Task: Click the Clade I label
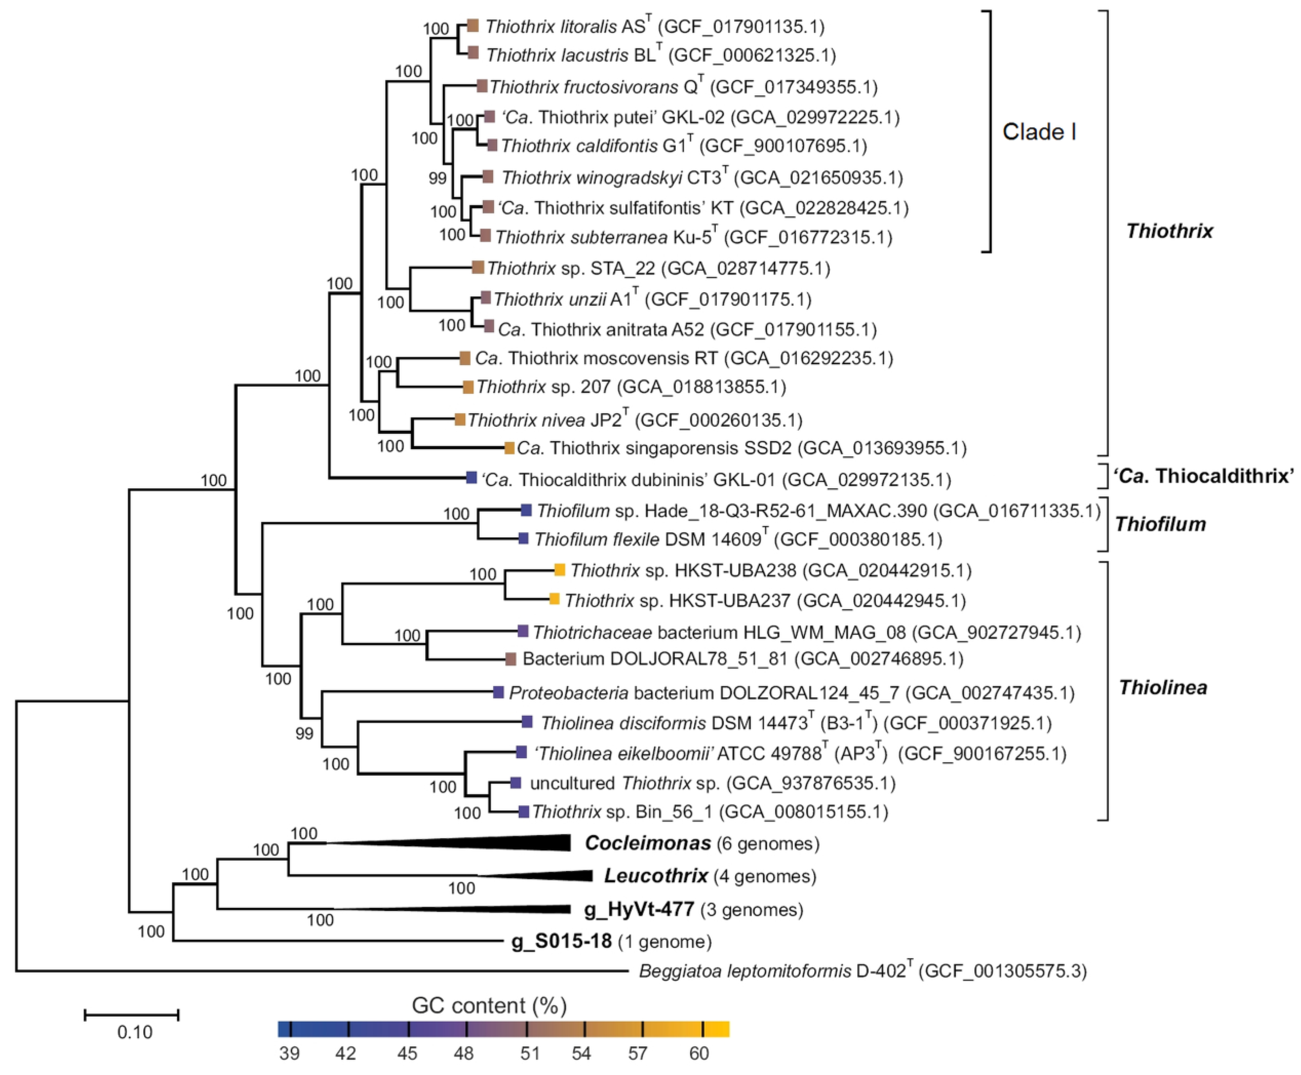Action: pyautogui.click(x=1039, y=132)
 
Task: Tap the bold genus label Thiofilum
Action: pyautogui.click(x=1161, y=524)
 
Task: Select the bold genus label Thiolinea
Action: pyautogui.click(x=1163, y=688)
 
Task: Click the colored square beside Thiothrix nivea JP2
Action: pyautogui.click(x=460, y=420)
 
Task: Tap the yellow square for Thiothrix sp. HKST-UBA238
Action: pyautogui.click(x=560, y=570)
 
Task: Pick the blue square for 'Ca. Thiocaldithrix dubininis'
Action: pyautogui.click(x=471, y=478)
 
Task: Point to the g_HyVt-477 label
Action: pyautogui.click(x=639, y=910)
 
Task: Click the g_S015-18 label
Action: pyautogui.click(x=561, y=942)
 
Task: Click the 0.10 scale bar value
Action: pyautogui.click(x=134, y=1032)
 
